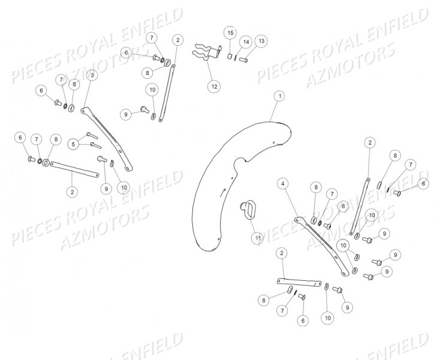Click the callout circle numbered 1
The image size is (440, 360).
tap(279, 97)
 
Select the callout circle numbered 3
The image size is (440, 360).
tap(92, 75)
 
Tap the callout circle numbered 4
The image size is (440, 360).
tap(282, 184)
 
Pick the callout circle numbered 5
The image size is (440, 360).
tap(74, 144)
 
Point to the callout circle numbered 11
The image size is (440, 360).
tap(257, 238)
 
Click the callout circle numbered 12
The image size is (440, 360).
tap(214, 86)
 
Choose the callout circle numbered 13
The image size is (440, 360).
tap(261, 41)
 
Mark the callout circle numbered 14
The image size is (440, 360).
tap(246, 42)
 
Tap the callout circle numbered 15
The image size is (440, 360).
tap(230, 33)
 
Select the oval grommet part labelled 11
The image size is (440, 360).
tap(247, 210)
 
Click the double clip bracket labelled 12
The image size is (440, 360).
tap(207, 53)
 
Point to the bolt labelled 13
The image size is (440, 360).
tap(243, 59)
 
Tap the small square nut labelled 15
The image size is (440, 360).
tap(230, 56)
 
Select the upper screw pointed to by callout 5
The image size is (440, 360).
tap(92, 136)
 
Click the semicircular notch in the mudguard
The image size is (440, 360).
tap(240, 163)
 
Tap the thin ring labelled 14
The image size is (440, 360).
tap(236, 58)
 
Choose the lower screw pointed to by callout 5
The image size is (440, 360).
tap(96, 145)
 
